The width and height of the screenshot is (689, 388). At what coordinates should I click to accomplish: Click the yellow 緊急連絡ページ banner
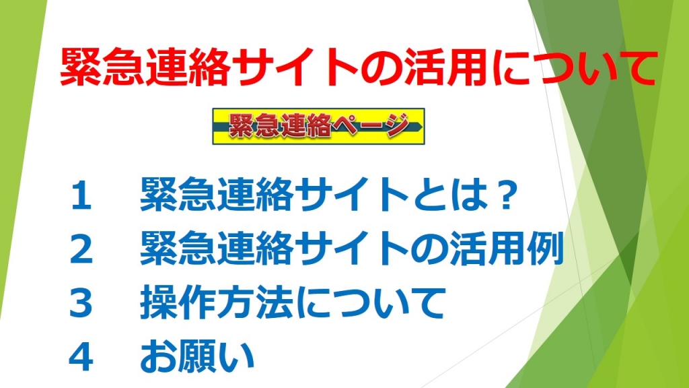(318, 126)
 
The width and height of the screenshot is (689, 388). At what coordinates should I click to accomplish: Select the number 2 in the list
(81, 250)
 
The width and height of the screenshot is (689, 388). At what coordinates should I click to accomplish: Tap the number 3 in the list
(81, 304)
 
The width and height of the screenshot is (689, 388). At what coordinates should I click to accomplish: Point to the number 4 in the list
(81, 357)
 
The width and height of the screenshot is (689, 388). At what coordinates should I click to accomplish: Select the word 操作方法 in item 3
(216, 302)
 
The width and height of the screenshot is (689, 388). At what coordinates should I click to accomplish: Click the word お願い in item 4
(197, 356)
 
